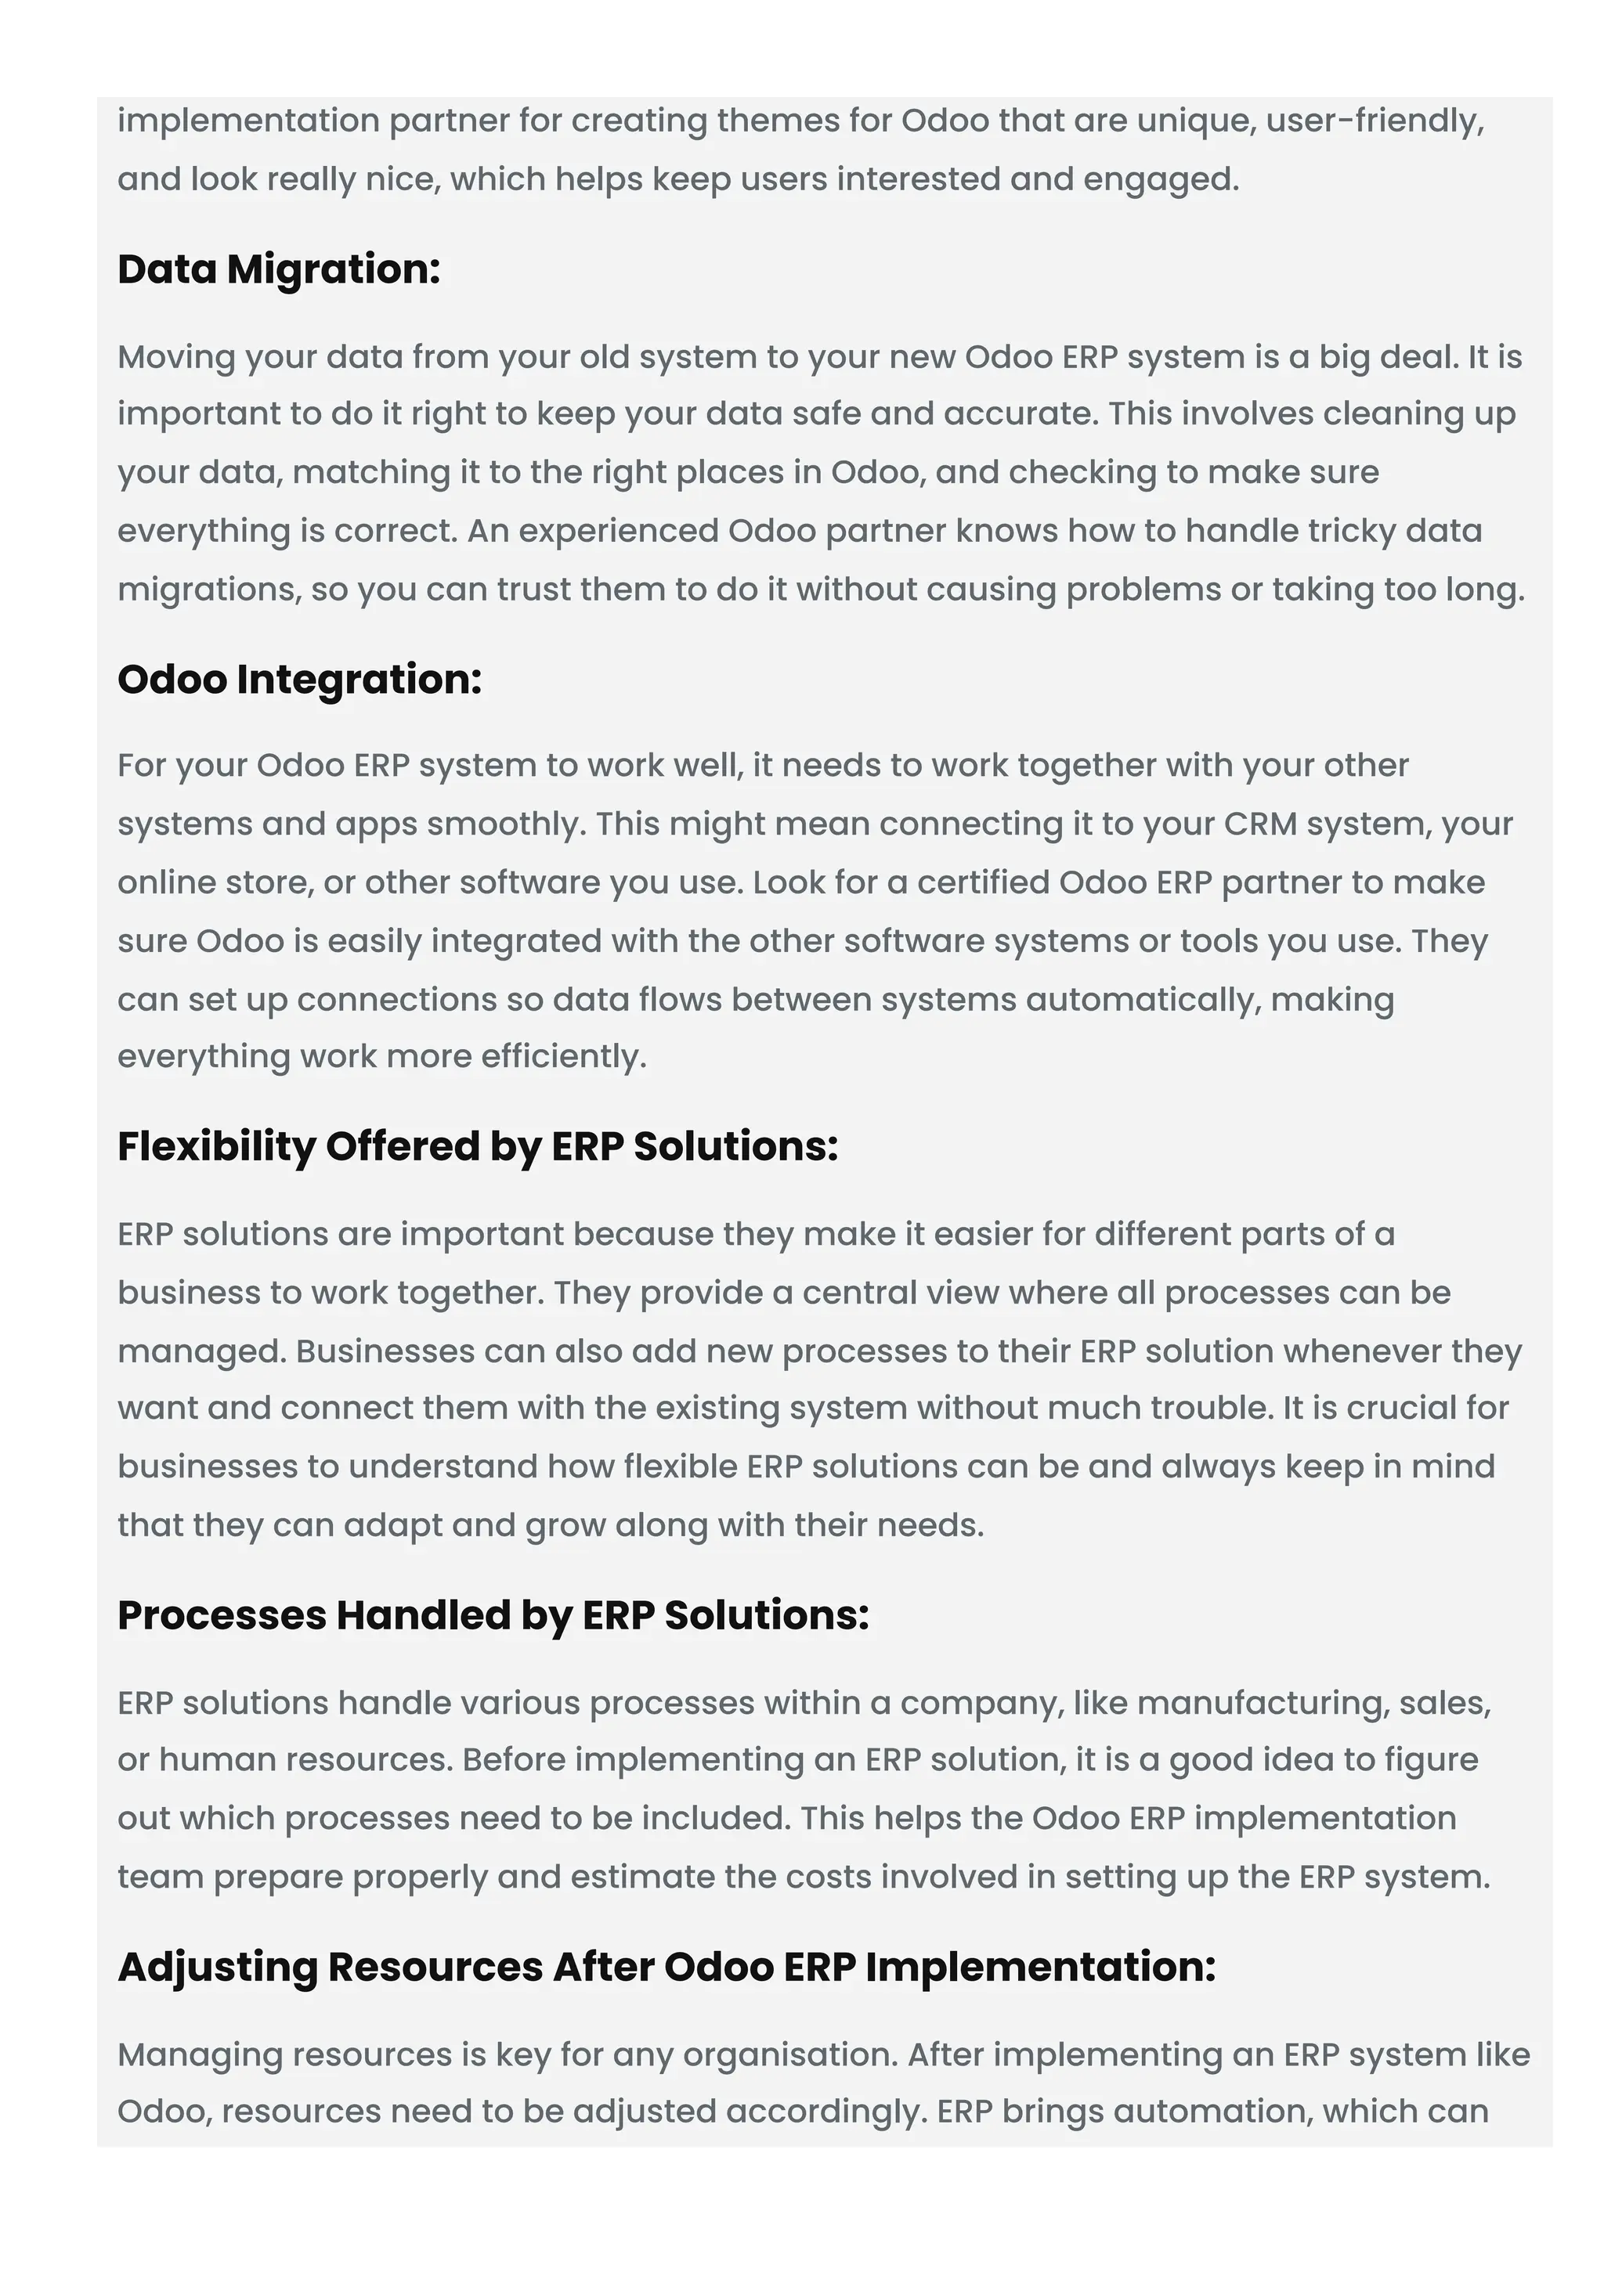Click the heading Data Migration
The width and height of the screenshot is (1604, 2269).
[x=279, y=270]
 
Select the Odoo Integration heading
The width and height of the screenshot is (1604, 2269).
[x=299, y=680]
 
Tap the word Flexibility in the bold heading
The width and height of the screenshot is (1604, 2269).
[x=215, y=1147]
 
